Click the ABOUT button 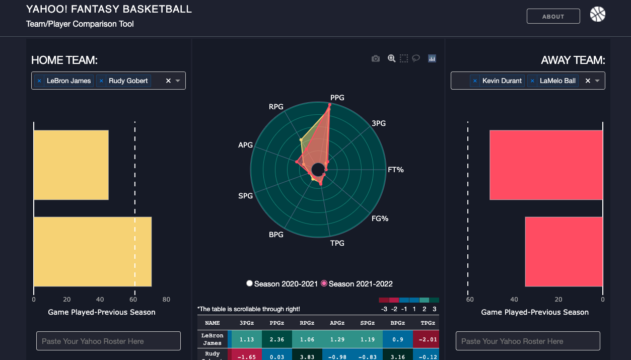[553, 16]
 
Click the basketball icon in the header [598, 14]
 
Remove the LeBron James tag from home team [39, 81]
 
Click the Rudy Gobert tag [128, 81]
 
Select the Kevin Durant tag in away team [502, 81]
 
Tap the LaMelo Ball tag [557, 81]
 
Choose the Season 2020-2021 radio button [249, 283]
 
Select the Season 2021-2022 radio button [324, 283]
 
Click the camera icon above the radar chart [375, 58]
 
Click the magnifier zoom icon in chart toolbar [391, 58]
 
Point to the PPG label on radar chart [337, 97]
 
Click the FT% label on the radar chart [395, 170]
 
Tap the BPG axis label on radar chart [276, 235]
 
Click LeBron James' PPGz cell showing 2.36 [277, 339]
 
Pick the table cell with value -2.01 [426, 339]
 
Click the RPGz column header [307, 323]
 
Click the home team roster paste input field [108, 341]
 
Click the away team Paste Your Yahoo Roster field [528, 341]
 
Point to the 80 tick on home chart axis [166, 299]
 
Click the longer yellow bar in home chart [93, 252]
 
